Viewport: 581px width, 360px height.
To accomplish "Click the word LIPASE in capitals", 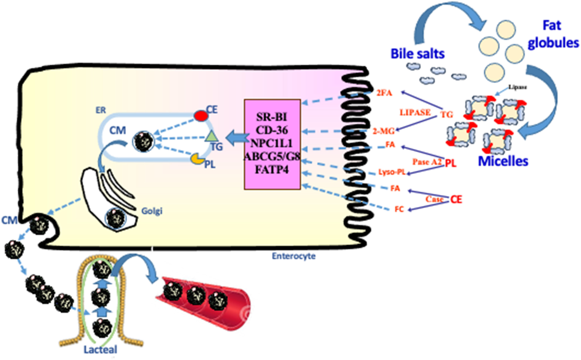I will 414,112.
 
